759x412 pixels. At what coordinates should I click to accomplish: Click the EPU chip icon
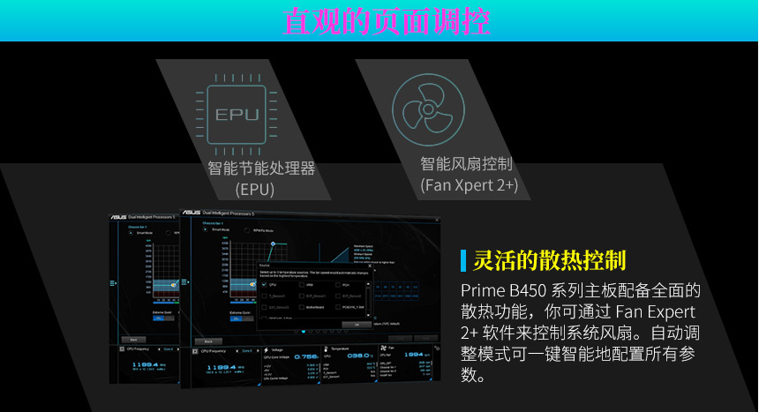click(x=237, y=114)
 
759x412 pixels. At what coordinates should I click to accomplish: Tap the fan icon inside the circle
click(x=429, y=111)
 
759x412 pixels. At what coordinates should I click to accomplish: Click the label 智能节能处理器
click(x=261, y=169)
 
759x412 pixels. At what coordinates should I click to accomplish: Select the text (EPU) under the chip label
click(x=254, y=189)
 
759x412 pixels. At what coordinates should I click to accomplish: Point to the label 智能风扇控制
click(x=467, y=164)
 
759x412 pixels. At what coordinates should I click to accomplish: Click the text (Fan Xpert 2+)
click(x=469, y=184)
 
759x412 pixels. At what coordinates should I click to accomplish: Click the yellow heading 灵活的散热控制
click(x=550, y=260)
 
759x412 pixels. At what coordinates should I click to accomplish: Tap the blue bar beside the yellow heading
click(x=463, y=260)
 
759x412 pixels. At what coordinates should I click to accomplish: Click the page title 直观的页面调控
click(x=387, y=20)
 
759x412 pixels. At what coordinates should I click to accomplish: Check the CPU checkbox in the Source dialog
click(x=264, y=285)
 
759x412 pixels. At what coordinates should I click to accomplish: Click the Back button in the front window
click(x=207, y=341)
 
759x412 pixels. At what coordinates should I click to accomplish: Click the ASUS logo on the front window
click(x=191, y=213)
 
